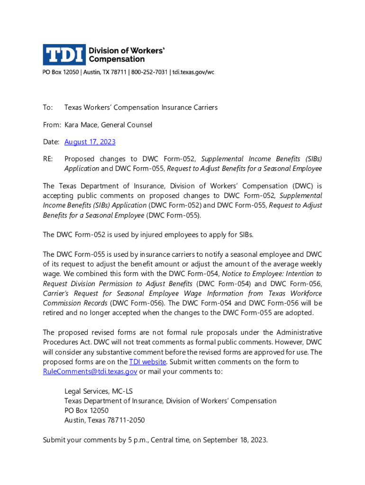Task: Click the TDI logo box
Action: [x=64, y=54]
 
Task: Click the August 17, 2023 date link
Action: [x=90, y=142]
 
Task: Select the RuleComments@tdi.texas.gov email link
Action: [x=90, y=372]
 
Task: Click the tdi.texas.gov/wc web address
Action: [x=193, y=72]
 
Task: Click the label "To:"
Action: [x=47, y=108]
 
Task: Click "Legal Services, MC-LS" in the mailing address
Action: [x=98, y=391]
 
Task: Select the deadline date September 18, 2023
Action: [x=235, y=440]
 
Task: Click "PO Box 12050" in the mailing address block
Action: [x=86, y=411]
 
